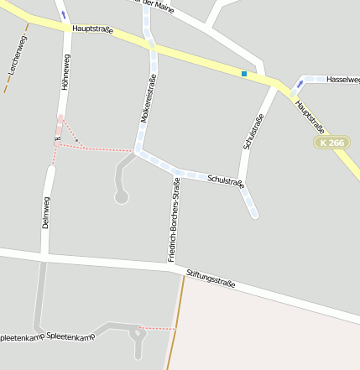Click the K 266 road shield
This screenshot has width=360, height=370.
pyautogui.click(x=332, y=143)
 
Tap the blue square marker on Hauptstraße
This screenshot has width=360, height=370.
pyautogui.click(x=244, y=74)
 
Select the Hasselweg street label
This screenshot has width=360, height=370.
pyautogui.click(x=342, y=79)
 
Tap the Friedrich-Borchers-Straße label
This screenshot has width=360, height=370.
pyautogui.click(x=175, y=220)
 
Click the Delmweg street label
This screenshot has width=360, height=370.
pyautogui.click(x=46, y=211)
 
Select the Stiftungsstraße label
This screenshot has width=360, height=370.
pyautogui.click(x=211, y=279)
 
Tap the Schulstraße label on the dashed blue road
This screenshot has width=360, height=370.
pyautogui.click(x=225, y=180)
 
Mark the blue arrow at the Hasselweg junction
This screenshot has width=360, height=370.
pyautogui.click(x=300, y=84)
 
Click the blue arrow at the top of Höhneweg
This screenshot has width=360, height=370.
pyautogui.click(x=64, y=14)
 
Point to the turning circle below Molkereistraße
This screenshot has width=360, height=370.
pyautogui.click(x=122, y=197)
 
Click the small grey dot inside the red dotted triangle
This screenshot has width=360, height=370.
pyautogui.click(x=76, y=140)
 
